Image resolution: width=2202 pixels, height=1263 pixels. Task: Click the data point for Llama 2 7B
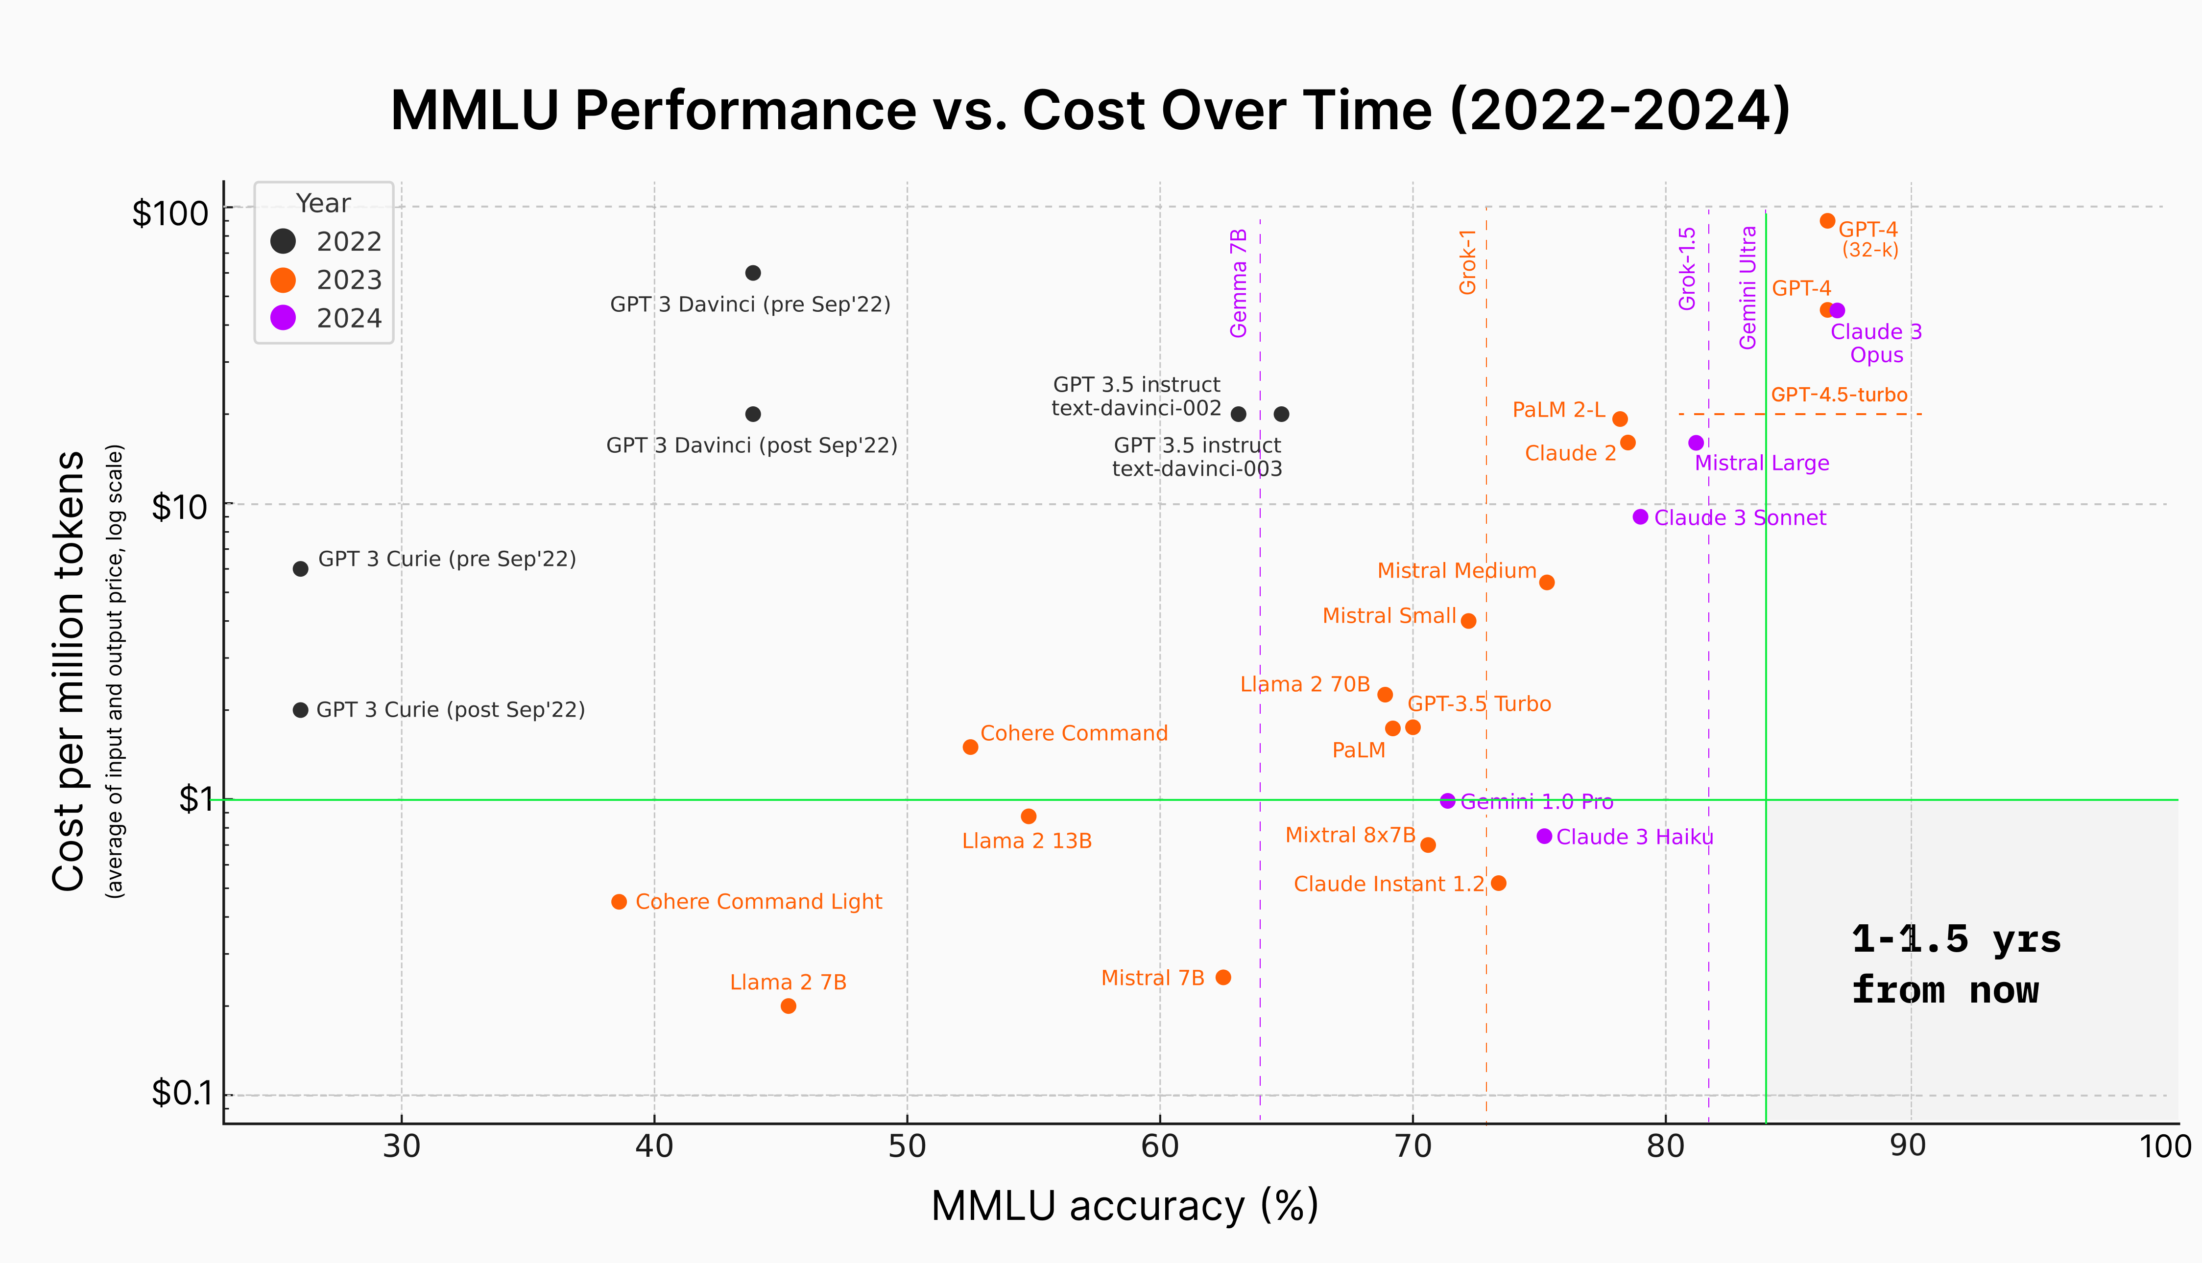pyautogui.click(x=788, y=1006)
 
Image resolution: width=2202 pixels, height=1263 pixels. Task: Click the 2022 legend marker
pyautogui.click(x=283, y=241)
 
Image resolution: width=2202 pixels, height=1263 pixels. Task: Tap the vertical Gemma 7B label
pyautogui.click(x=1238, y=283)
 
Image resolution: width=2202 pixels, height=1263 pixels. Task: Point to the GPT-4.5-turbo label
pyautogui.click(x=1839, y=395)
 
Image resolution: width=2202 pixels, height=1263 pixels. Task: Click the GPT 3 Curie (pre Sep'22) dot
pyautogui.click(x=300, y=569)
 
